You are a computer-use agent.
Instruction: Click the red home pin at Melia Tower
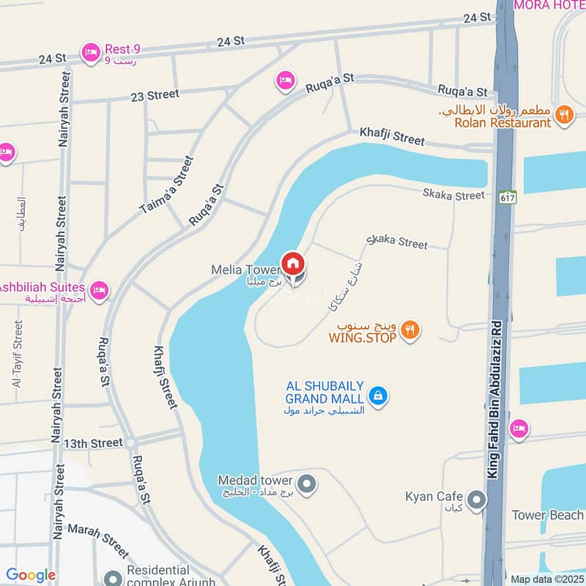[x=293, y=263]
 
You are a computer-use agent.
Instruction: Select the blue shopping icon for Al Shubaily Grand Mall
[x=377, y=396]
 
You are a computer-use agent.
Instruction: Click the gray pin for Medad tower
[x=308, y=483]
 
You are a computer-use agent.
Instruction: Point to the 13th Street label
[x=93, y=443]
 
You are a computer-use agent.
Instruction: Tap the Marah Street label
[x=97, y=538]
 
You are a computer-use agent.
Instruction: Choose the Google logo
[x=31, y=575]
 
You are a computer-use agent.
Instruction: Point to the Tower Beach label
[x=547, y=515]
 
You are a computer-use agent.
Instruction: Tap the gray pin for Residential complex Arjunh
[x=112, y=578]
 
